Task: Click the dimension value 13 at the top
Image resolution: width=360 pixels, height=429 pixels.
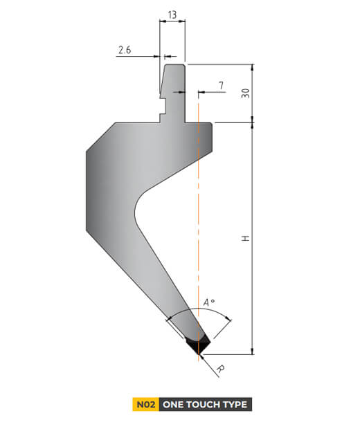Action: click(x=172, y=14)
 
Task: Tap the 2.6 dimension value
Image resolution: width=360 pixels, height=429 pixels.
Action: click(x=125, y=50)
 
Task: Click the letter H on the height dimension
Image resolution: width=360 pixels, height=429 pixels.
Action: click(x=245, y=238)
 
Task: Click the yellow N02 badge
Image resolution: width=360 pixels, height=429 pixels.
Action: click(x=145, y=404)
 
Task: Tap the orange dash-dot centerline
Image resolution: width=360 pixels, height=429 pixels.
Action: click(x=199, y=208)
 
